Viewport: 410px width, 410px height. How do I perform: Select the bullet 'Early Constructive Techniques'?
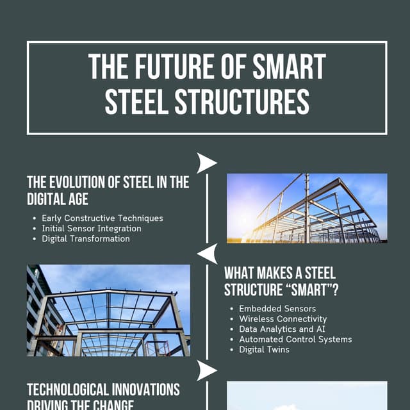pos(102,218)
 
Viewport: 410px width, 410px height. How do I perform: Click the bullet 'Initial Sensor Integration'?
pos(92,229)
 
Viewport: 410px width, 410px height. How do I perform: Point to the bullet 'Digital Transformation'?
pos(86,239)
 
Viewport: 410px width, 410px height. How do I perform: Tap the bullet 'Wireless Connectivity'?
pos(283,319)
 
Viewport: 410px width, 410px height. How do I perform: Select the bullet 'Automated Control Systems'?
pos(295,340)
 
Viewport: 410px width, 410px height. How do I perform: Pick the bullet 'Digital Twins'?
pos(265,350)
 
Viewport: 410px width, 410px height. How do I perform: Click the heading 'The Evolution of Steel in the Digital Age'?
pos(108,190)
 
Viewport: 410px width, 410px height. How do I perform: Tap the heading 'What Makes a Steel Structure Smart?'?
pos(281,281)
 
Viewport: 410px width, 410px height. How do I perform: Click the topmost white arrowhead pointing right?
pos(206,163)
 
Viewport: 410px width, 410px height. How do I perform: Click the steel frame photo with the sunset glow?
pos(307,208)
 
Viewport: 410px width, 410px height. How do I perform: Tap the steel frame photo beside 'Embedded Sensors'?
pos(108,311)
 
